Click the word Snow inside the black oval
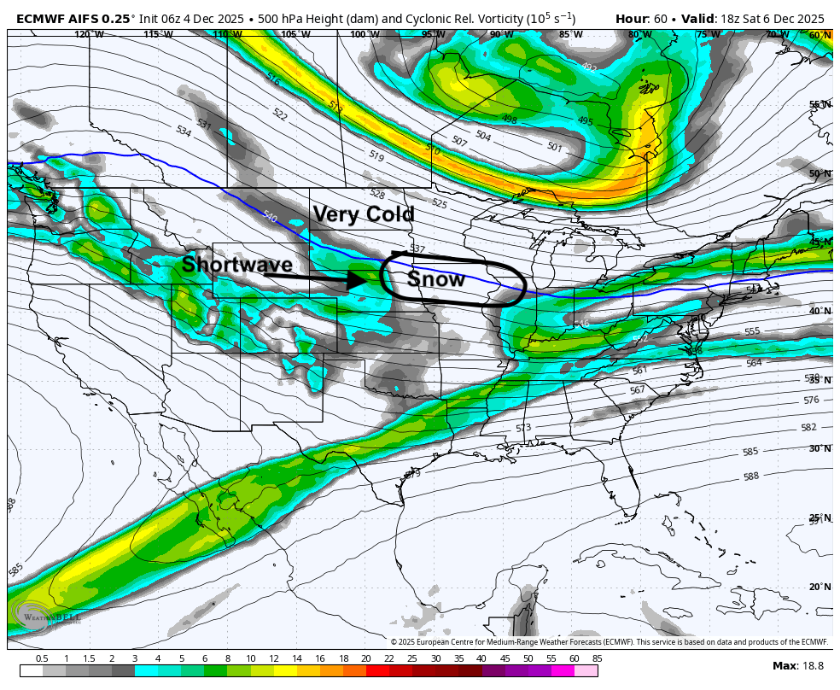click(x=436, y=279)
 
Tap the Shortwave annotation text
click(x=236, y=265)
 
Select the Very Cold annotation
click(x=363, y=214)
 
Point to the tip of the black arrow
click(x=365, y=279)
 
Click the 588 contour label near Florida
click(x=751, y=477)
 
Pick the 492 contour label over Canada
click(x=589, y=67)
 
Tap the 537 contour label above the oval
click(x=417, y=249)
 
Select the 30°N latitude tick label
click(x=820, y=448)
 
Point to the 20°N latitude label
click(x=820, y=587)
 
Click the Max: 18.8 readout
click(x=798, y=666)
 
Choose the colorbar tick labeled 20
click(x=365, y=658)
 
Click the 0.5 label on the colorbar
click(x=42, y=658)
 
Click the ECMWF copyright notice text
click(x=610, y=642)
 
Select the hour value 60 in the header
click(x=661, y=18)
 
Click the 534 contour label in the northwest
click(x=184, y=132)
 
